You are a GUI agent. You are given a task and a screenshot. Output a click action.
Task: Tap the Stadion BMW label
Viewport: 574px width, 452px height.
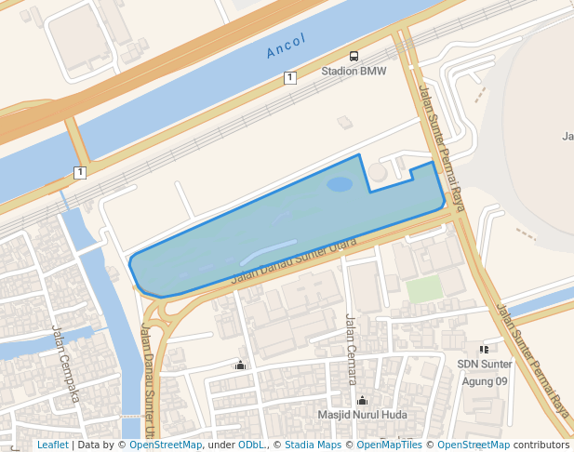353,72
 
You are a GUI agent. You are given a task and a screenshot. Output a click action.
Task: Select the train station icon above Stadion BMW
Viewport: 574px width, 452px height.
354,57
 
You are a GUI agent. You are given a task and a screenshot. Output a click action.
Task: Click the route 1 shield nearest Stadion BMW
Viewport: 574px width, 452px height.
290,78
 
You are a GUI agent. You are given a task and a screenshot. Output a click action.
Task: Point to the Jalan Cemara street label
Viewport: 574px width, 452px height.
352,349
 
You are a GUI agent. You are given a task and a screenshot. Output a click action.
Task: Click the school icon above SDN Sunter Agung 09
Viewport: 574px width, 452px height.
484,349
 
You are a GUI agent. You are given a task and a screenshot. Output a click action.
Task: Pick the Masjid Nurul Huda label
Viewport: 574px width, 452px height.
363,415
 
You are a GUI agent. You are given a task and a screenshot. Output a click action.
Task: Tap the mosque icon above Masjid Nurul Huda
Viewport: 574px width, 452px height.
362,401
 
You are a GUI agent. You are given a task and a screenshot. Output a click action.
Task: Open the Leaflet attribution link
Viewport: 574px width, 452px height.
52,445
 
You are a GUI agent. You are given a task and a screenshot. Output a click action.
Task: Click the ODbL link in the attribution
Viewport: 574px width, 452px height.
251,445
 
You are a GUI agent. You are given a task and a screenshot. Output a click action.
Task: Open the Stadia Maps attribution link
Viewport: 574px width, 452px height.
313,445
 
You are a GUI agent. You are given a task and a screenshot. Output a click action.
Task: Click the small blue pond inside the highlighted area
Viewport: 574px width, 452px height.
340,184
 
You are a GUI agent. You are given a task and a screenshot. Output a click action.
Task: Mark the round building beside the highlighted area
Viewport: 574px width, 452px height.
379,173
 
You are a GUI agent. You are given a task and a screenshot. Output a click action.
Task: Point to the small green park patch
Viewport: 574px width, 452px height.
424,289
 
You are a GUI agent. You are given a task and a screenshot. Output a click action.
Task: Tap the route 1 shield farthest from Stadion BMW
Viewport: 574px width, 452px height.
80,172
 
